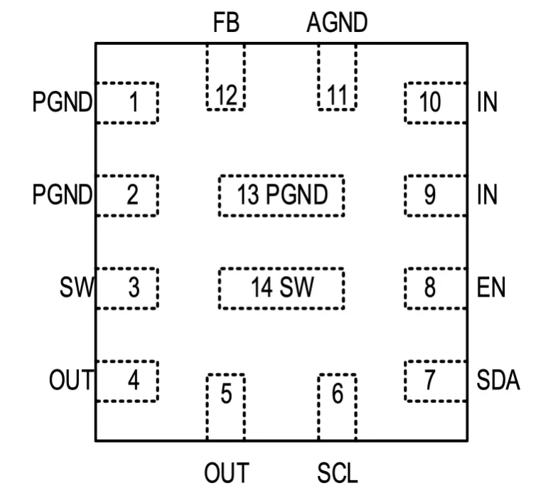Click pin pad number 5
tap(225, 406)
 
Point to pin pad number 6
tap(337, 406)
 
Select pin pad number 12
tap(225, 77)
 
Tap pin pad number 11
tap(337, 77)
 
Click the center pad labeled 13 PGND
tap(281, 195)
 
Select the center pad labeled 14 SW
tap(281, 288)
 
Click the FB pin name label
tap(227, 23)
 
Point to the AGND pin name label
tap(337, 23)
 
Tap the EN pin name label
tap(491, 288)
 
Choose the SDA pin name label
tap(498, 381)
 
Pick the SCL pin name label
tap(338, 472)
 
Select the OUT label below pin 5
tap(226, 472)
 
